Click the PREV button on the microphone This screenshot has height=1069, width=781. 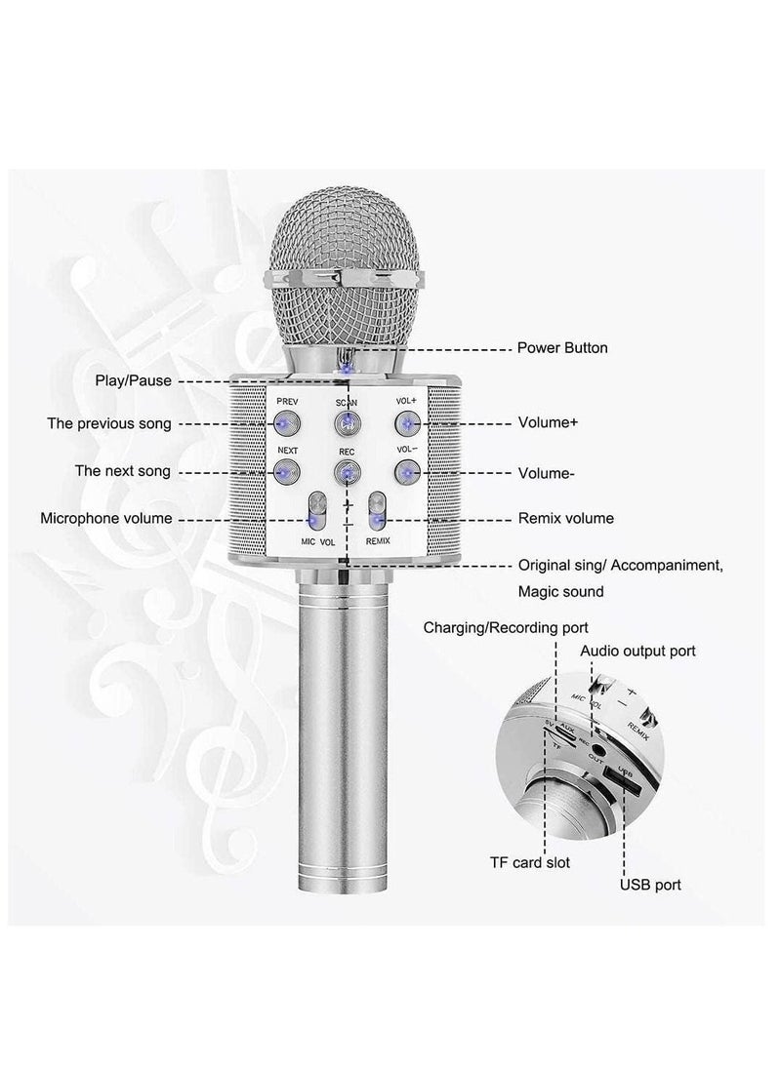pyautogui.click(x=284, y=423)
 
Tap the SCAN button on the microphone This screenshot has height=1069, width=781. pyautogui.click(x=346, y=423)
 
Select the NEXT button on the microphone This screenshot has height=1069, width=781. pyautogui.click(x=284, y=473)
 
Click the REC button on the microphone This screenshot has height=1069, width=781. pyautogui.click(x=346, y=473)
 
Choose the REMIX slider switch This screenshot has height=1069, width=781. pyautogui.click(x=376, y=514)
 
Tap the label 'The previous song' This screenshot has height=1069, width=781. pyautogui.click(x=109, y=424)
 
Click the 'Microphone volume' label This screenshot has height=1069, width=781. pyautogui.click(x=105, y=518)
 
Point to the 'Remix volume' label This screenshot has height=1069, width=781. pyautogui.click(x=565, y=518)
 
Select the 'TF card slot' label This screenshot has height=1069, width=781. pyautogui.click(x=529, y=862)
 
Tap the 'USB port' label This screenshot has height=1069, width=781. pyautogui.click(x=651, y=886)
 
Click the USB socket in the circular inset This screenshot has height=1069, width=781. pyautogui.click(x=622, y=778)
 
